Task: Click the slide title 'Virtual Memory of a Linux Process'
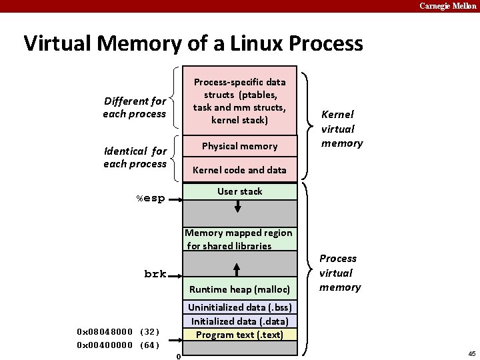click(193, 44)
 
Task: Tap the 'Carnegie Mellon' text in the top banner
click(447, 6)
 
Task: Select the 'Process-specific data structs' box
click(239, 101)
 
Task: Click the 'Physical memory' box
click(239, 146)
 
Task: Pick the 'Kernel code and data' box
click(239, 170)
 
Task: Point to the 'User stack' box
click(239, 191)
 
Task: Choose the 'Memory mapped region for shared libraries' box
click(239, 239)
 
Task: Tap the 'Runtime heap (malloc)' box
click(239, 289)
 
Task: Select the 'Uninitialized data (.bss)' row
click(239, 307)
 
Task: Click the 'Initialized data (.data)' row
click(239, 321)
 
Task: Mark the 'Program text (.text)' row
click(239, 335)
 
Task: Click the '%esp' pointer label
click(151, 199)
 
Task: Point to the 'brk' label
click(155, 274)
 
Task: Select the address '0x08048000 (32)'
click(118, 331)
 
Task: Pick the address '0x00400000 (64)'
click(118, 345)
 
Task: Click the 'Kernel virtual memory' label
click(341, 129)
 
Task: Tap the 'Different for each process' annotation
click(135, 107)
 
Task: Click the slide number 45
click(471, 353)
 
